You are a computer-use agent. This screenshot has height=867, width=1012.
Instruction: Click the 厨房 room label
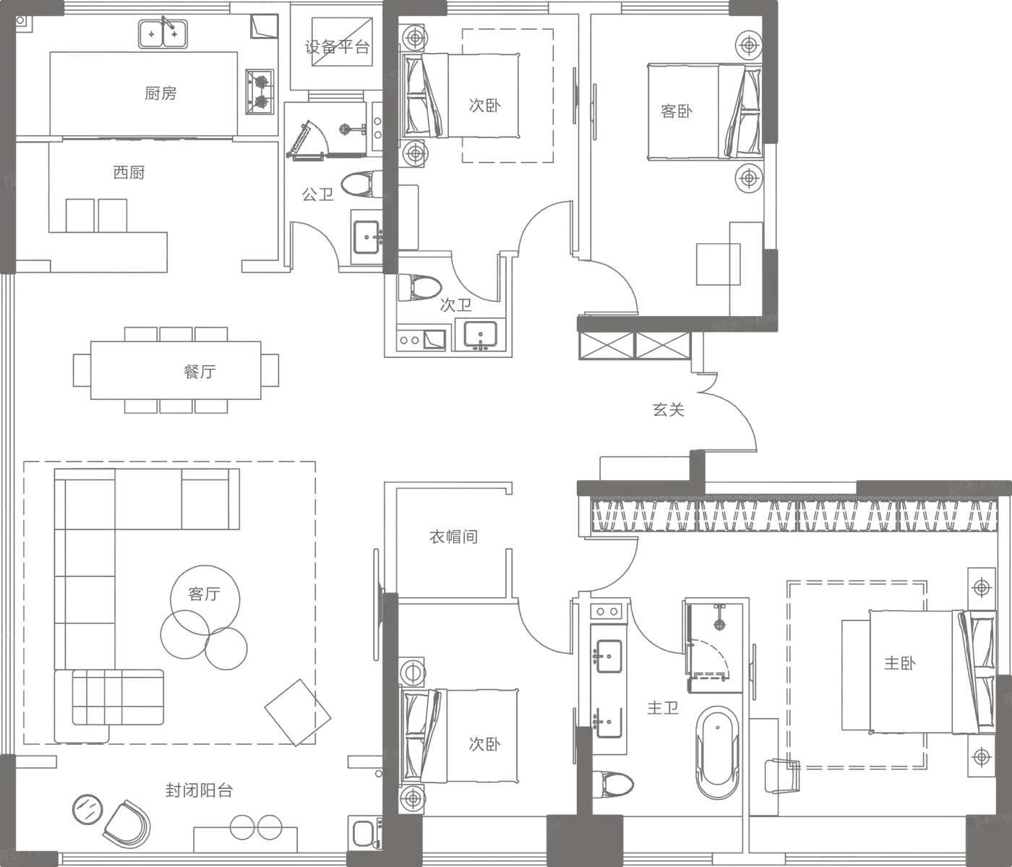click(x=161, y=93)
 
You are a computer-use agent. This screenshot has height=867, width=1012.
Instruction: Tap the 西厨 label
click(x=128, y=172)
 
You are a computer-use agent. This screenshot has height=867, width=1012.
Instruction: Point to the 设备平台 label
click(x=337, y=48)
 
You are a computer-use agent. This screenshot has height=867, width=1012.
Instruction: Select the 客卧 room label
click(x=676, y=111)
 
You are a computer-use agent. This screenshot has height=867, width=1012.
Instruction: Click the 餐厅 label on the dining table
click(x=200, y=373)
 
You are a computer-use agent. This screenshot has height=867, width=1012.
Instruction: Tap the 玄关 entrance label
click(x=668, y=410)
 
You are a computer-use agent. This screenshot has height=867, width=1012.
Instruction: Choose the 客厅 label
click(x=205, y=594)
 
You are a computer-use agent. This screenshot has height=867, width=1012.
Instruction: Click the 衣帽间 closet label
click(x=454, y=537)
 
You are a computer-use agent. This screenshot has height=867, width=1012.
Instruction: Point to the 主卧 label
click(x=899, y=662)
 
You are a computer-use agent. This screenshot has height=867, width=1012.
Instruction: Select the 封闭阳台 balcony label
click(x=197, y=790)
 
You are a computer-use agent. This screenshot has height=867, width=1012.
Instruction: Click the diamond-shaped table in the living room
click(x=299, y=712)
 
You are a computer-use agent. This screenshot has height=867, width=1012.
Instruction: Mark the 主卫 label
click(x=663, y=708)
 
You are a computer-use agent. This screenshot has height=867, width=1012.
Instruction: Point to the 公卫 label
click(x=317, y=194)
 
